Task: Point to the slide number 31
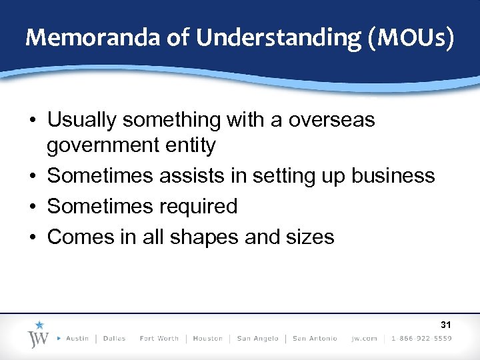(445, 325)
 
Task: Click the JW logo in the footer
(39, 335)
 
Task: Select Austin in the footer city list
(77, 339)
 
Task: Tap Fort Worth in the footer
(159, 339)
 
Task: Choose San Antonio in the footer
(315, 339)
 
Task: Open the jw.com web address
(365, 339)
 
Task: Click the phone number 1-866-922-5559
(422, 339)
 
